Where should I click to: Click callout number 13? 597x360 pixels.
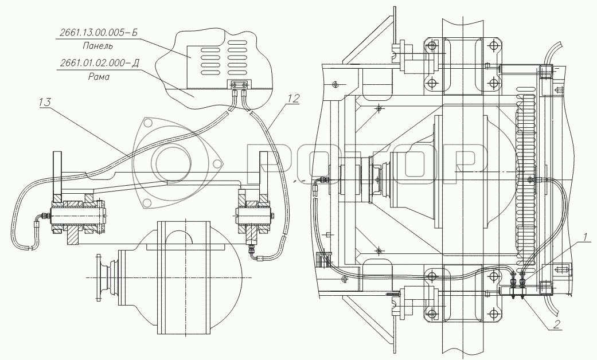click(45, 103)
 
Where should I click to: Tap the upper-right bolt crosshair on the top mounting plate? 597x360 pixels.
click(493, 45)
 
